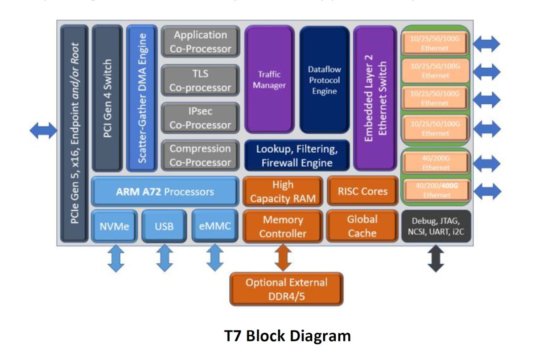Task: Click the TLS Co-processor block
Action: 200,80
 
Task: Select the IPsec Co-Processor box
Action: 200,118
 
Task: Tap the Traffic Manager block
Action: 269,79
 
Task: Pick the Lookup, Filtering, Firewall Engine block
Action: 297,155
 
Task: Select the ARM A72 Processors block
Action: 165,192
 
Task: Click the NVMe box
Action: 114,226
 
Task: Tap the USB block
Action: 164,226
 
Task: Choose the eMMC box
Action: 214,226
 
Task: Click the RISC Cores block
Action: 362,191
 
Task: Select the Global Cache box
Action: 362,226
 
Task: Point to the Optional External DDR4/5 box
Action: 286,289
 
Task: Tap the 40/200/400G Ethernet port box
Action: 436,190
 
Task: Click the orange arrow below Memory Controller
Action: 283,258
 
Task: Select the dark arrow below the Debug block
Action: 436,259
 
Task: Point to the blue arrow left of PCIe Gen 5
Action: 43,131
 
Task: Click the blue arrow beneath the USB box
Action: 165,259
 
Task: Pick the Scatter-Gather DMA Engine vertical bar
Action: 143,98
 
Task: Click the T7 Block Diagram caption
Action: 287,335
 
